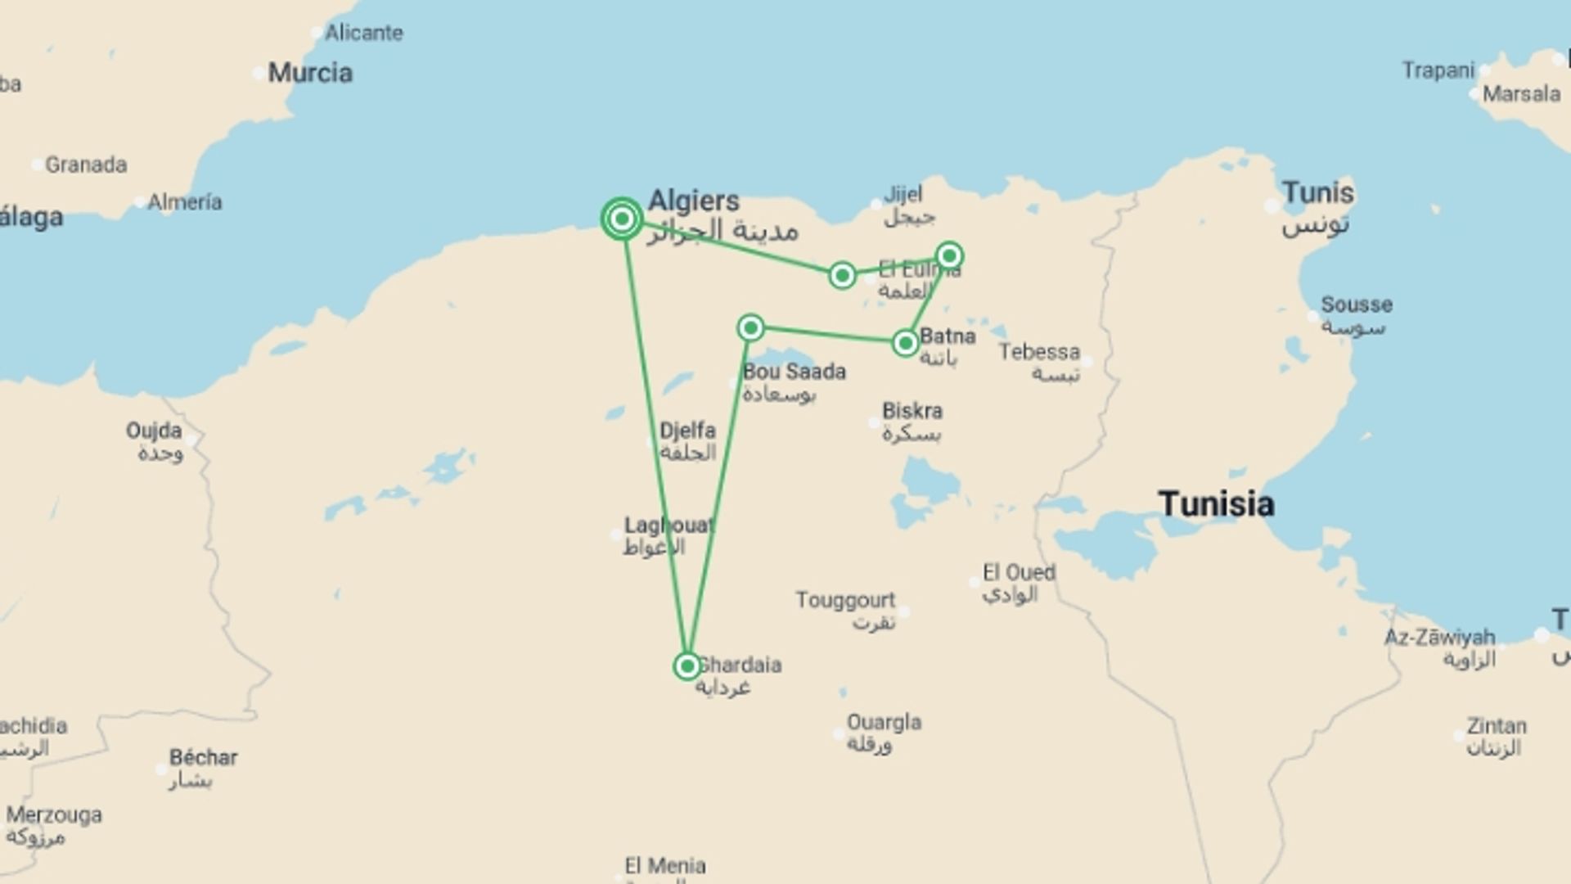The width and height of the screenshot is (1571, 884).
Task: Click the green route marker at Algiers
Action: (x=622, y=219)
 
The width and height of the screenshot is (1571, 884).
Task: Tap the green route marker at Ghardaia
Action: (x=687, y=666)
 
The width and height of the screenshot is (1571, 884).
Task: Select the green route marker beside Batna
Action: (x=905, y=343)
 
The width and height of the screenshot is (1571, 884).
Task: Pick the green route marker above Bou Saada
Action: (x=750, y=328)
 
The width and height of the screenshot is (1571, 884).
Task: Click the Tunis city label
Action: (x=1317, y=194)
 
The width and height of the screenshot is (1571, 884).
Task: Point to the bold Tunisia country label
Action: (x=1216, y=504)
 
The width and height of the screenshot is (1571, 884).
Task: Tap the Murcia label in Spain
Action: (x=310, y=73)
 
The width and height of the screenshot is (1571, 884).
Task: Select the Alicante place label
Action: (x=363, y=33)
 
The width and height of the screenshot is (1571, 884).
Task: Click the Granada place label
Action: (x=85, y=165)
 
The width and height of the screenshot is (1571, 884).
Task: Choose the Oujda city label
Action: (x=154, y=431)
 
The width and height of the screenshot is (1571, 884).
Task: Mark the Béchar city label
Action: (x=203, y=758)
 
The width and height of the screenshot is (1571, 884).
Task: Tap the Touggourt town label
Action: (x=845, y=601)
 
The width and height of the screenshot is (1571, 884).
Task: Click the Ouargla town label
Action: (x=884, y=723)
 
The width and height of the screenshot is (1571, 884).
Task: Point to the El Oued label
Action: (x=1019, y=573)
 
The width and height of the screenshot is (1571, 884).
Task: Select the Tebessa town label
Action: (x=1039, y=353)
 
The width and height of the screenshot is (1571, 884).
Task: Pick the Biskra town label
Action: (x=912, y=411)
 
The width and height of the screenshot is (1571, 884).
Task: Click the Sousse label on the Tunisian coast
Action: (x=1356, y=305)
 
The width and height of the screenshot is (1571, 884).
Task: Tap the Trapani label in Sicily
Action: (x=1438, y=70)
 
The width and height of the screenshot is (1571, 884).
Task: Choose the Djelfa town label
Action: (x=687, y=431)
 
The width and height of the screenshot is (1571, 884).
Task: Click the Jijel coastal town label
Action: (x=903, y=195)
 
